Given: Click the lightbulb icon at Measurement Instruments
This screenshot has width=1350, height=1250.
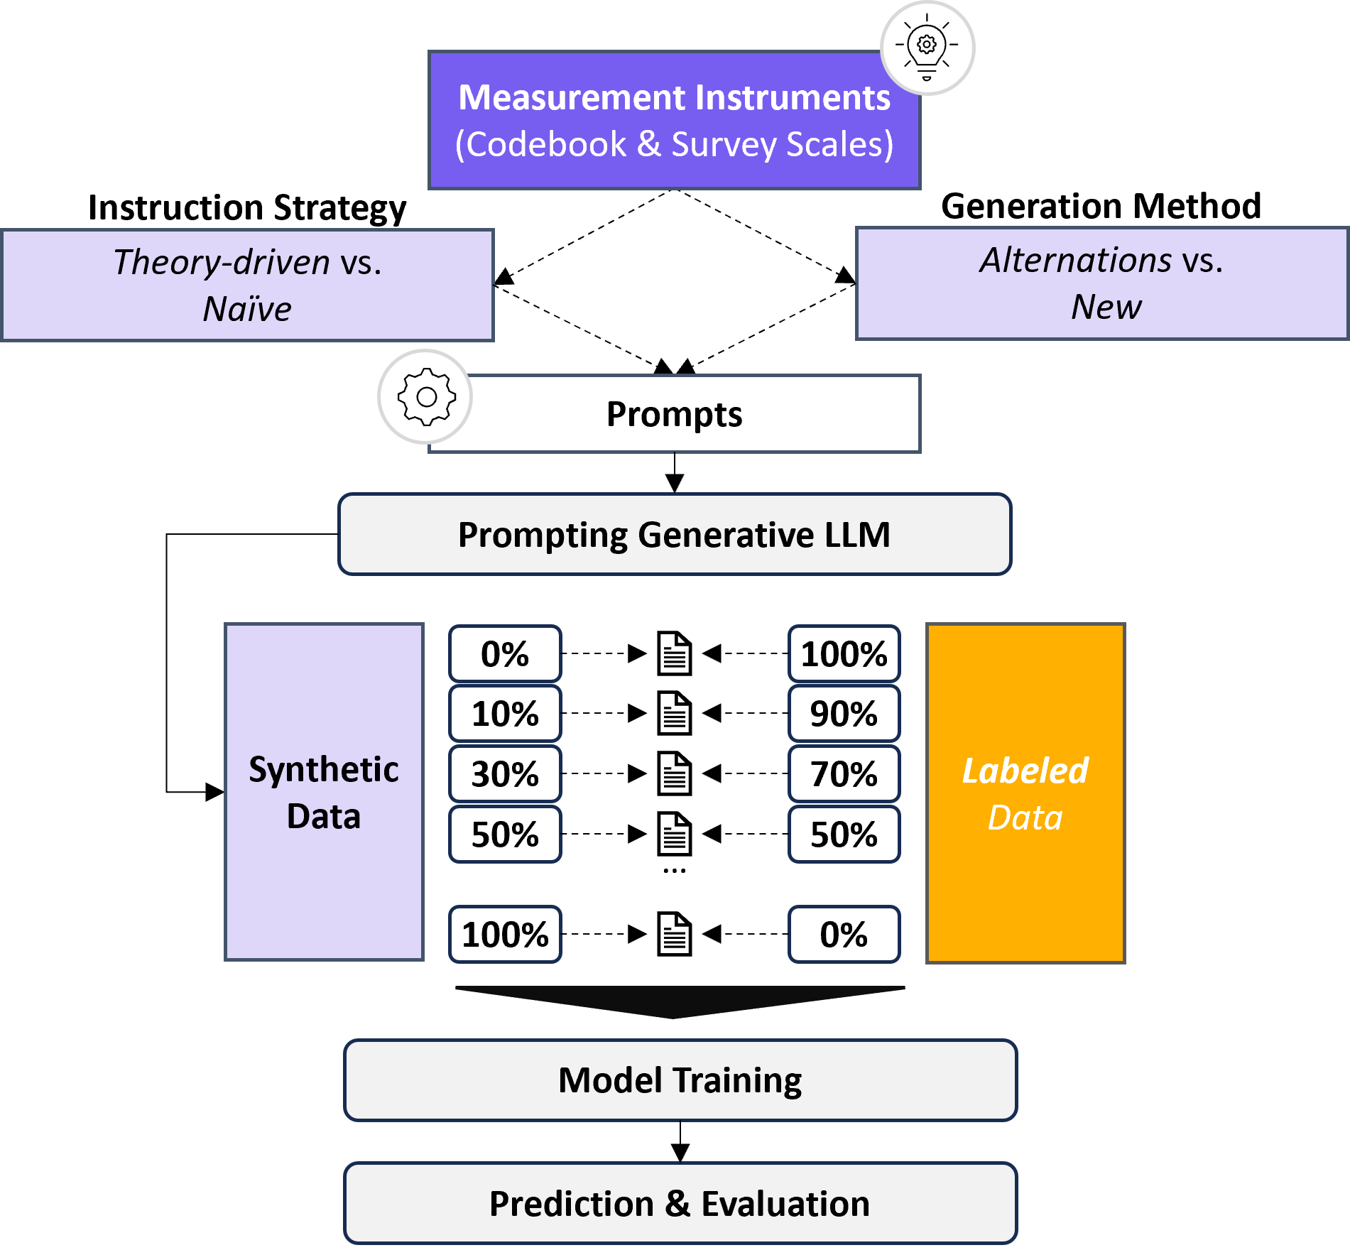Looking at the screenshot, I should click(x=927, y=48).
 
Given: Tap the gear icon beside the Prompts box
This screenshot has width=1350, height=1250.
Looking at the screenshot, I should click(x=425, y=396).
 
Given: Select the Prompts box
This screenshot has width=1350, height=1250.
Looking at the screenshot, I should click(x=675, y=414).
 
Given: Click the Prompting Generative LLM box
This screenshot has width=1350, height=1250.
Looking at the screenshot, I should click(x=675, y=535).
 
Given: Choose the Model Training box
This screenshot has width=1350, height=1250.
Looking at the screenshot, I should click(x=680, y=1080).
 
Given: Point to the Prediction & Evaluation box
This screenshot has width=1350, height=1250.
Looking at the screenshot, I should click(x=680, y=1204).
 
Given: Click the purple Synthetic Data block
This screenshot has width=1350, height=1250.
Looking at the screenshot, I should click(x=324, y=792).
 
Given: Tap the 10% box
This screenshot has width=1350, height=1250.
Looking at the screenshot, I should click(x=505, y=714).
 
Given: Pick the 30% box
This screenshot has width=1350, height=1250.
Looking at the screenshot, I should click(x=505, y=774).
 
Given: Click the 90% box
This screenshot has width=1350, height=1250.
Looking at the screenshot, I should click(x=844, y=714).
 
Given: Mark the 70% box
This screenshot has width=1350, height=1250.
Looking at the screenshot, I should click(x=844, y=774).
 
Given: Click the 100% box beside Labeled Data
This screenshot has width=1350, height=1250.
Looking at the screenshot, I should click(x=844, y=654).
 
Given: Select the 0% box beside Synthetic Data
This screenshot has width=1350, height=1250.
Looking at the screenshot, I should click(x=505, y=654).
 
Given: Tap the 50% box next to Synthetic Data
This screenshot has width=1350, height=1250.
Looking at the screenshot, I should click(x=505, y=835).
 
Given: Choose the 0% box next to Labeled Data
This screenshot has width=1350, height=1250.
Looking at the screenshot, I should click(x=844, y=935).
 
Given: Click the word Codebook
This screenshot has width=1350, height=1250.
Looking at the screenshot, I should click(x=546, y=145).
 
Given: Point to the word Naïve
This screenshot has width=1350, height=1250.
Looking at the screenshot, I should click(x=247, y=310).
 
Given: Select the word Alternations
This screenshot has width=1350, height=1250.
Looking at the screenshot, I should click(x=1075, y=260).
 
